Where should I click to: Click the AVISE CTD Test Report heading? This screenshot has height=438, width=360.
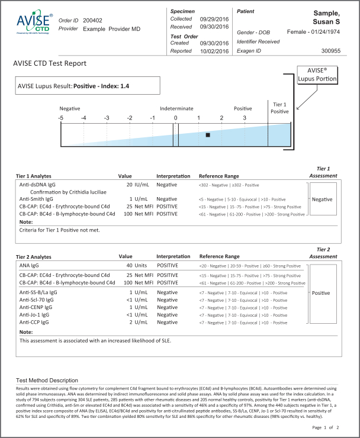coord(50,63)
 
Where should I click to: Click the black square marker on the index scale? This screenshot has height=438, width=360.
coord(208,135)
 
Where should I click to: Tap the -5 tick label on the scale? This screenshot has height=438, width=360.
coord(60,118)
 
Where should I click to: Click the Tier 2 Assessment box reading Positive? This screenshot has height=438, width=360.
coord(322,293)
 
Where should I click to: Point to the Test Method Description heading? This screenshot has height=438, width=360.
coord(47,380)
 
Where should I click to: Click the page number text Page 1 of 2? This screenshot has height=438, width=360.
coord(324,427)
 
